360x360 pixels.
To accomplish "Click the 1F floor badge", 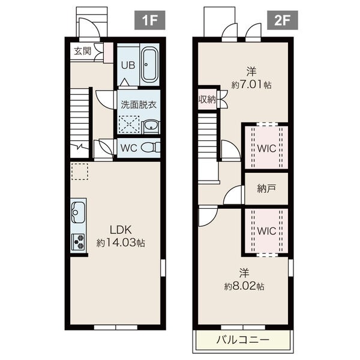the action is coord(149,20).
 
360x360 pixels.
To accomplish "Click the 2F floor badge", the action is coord(283,20).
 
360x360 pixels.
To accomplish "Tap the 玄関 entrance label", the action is coord(83,51).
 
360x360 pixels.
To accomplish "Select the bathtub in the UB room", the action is coord(149,65).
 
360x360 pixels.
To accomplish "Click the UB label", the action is coord(128,65).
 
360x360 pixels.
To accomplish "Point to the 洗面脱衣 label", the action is coord(139,104).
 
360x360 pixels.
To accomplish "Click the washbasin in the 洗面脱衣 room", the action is coord(151,127).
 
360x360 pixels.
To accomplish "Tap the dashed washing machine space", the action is coord(129,124).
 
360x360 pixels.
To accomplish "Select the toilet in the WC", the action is coord(151,147).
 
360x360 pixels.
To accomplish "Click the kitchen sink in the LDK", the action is coord(78,212).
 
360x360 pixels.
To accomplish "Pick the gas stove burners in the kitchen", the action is coord(78,242).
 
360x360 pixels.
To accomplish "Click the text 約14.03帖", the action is coord(121,242).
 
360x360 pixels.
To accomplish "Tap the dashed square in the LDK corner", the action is coord(80,171).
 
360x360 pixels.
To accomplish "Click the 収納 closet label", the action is coord(207,100).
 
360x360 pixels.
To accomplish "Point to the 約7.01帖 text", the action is coord(251,85).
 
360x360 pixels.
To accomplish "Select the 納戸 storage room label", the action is coord(266,189).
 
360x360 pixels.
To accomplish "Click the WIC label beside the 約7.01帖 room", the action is coord(266,149).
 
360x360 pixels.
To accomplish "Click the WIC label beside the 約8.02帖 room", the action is coord(266,231).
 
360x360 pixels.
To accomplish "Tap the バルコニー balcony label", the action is coord(242,340).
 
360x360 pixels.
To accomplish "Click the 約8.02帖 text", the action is coord(244,286).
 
